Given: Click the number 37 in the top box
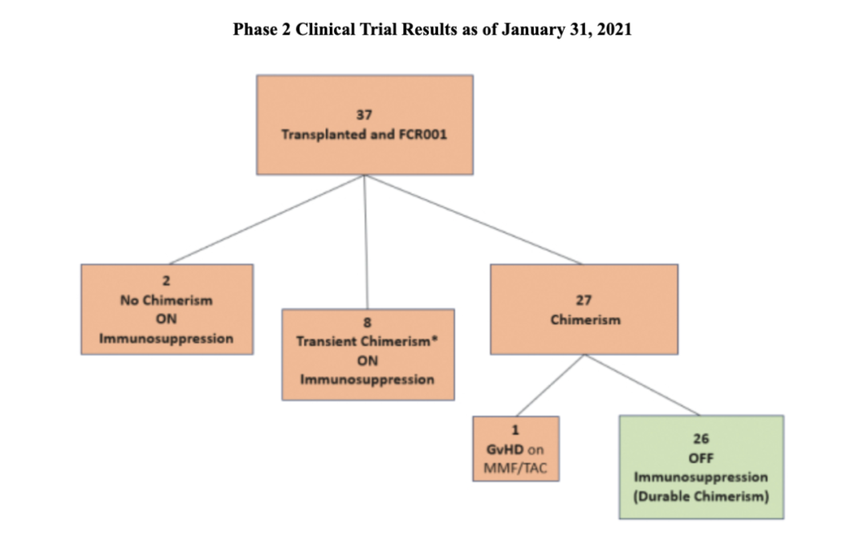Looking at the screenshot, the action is pyautogui.click(x=364, y=115).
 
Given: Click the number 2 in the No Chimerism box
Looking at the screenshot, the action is pyautogui.click(x=166, y=281).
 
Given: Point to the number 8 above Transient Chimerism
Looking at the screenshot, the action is pyautogui.click(x=367, y=322).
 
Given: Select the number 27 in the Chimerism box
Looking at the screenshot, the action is pyautogui.click(x=584, y=301).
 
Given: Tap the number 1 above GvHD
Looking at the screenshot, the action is pyautogui.click(x=515, y=430).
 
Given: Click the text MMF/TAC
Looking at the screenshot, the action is pyautogui.click(x=515, y=468).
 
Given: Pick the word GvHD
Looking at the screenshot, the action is pyautogui.click(x=503, y=449).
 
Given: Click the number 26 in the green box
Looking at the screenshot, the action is pyautogui.click(x=701, y=439).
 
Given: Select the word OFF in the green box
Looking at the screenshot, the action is pyautogui.click(x=701, y=458).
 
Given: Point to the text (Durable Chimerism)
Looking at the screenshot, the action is pyautogui.click(x=701, y=496).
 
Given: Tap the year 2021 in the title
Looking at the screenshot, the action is pyautogui.click(x=614, y=29).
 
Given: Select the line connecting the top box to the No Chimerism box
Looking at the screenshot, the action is pyautogui.click(x=267, y=220).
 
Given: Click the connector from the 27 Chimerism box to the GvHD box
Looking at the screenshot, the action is pyautogui.click(x=550, y=385).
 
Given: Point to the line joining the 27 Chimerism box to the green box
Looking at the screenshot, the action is pyautogui.click(x=642, y=384).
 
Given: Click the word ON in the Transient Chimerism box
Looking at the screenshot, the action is pyautogui.click(x=367, y=361).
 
